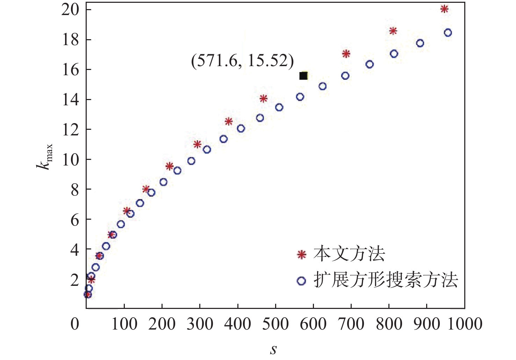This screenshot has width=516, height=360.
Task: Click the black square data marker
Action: click(303, 76)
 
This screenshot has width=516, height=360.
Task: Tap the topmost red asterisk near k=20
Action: click(444, 9)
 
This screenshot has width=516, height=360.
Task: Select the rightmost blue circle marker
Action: click(448, 33)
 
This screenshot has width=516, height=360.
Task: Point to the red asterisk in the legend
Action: click(302, 254)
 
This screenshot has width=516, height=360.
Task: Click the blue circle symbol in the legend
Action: click(301, 281)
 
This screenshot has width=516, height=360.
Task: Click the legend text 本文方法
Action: click(349, 254)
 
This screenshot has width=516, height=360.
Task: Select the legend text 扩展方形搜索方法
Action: click(386, 280)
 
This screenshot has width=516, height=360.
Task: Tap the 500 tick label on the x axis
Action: click(275, 324)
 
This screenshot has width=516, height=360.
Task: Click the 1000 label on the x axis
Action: click(465, 324)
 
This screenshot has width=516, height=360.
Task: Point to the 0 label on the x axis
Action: click(75, 324)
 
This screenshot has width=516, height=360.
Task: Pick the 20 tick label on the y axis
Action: click(70, 9)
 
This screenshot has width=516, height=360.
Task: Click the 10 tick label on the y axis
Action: click(70, 160)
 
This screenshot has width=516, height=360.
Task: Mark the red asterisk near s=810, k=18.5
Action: click(393, 31)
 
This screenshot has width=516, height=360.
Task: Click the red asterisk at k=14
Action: click(264, 99)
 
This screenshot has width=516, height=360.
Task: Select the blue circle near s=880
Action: click(420, 43)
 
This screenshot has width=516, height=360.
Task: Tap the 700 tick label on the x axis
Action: click(351, 324)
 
